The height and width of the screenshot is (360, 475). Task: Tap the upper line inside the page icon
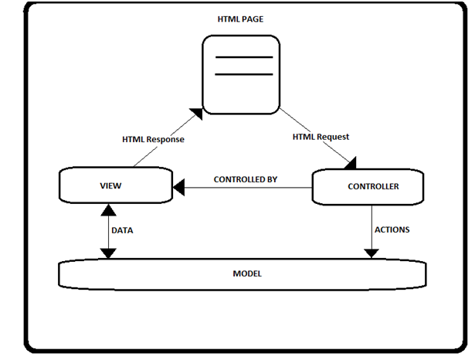tap(243, 57)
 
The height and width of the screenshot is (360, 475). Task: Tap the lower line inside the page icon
tap(243, 75)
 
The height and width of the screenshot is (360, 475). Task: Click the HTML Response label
tap(153, 140)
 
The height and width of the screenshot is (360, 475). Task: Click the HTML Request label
tap(321, 137)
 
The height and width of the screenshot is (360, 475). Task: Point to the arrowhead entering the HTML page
tap(196, 114)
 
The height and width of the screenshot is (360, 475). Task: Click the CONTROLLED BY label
tap(246, 179)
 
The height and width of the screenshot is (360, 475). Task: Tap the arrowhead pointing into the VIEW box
tap(178, 186)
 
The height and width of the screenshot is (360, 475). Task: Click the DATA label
tap(122, 230)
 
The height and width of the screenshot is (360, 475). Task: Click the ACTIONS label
tap(392, 229)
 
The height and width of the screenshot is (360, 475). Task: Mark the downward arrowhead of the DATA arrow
tap(109, 253)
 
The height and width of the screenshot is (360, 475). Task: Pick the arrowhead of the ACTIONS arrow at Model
tap(373, 253)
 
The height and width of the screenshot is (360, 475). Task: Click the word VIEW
tap(111, 187)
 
